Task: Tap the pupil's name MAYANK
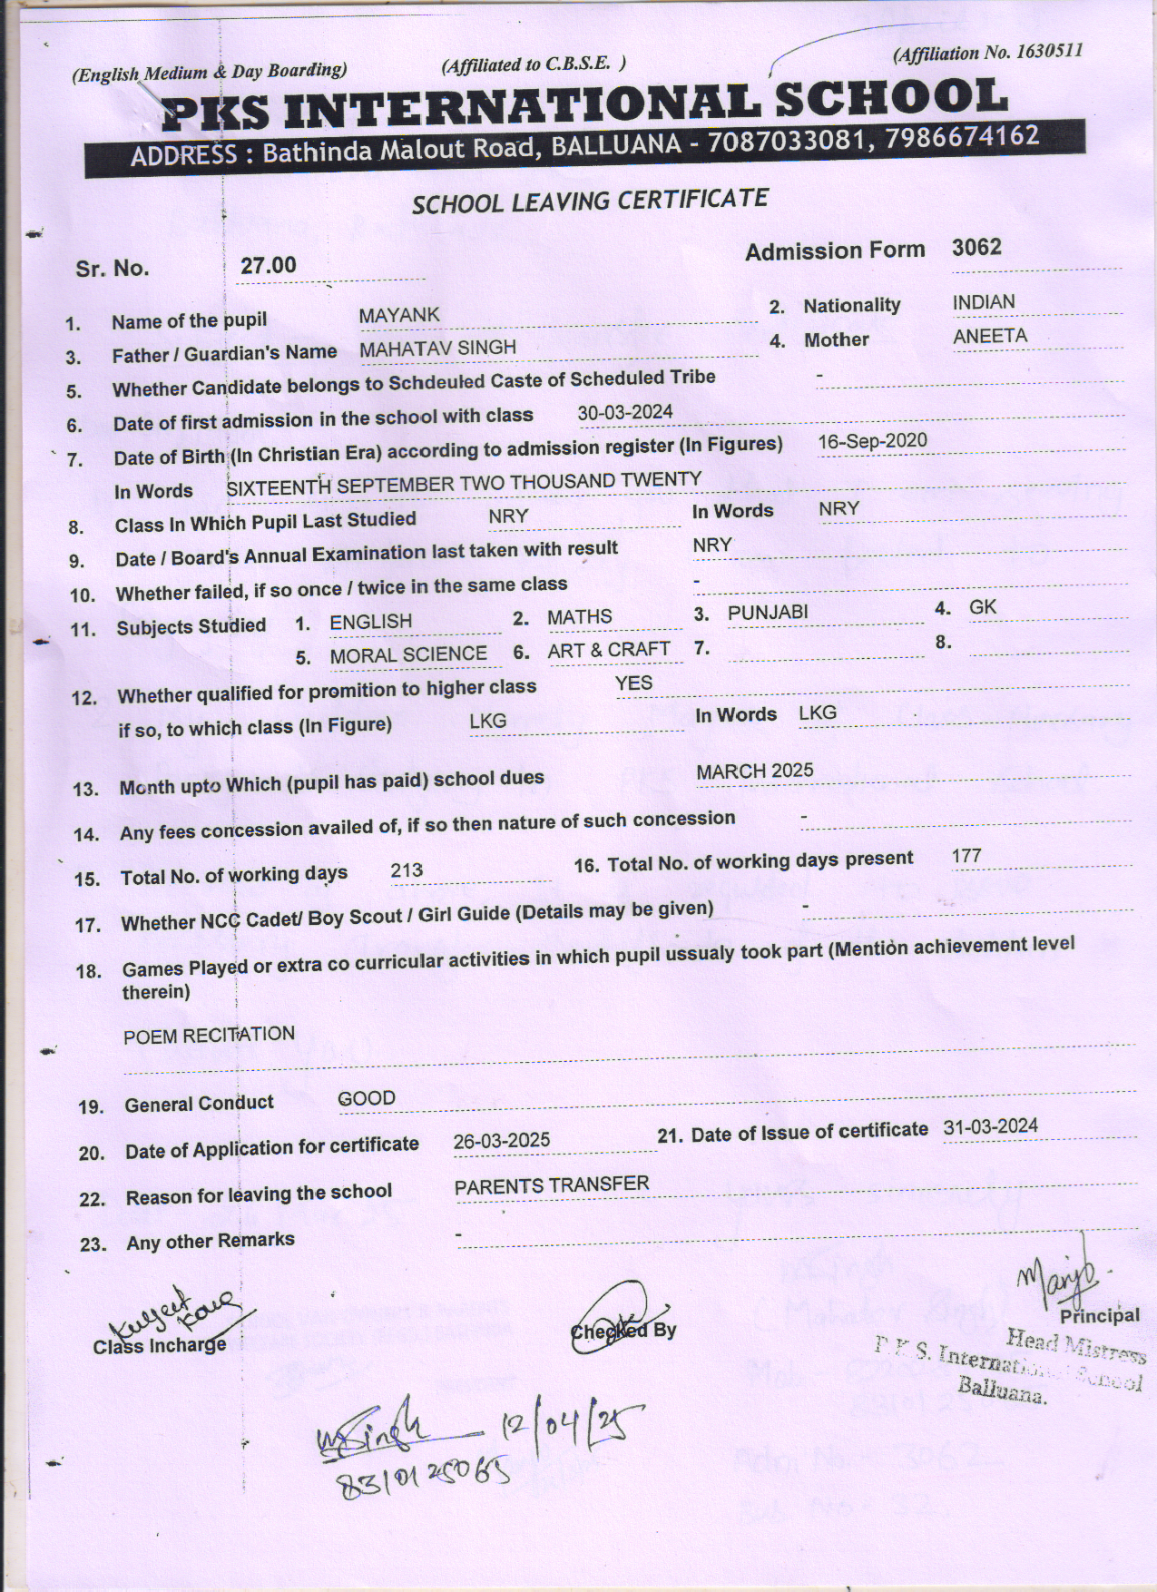pos(398,315)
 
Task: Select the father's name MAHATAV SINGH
pos(437,348)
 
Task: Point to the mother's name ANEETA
pos(990,336)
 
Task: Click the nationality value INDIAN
pos(984,302)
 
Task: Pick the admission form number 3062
pos(976,247)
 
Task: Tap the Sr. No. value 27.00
pos(268,265)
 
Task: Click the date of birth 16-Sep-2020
pos(872,441)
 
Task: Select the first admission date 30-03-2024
pos(625,412)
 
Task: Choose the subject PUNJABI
pos(767,613)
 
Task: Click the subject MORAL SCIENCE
pos(408,654)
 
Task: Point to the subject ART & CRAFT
pos(608,650)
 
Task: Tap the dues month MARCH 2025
pos(755,771)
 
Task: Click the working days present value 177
pos(966,855)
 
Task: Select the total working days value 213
pos(407,870)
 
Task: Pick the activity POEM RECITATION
pos(209,1035)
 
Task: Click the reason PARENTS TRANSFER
pos(552,1184)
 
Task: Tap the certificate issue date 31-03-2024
pos(990,1126)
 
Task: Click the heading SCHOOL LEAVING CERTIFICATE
pos(590,201)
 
